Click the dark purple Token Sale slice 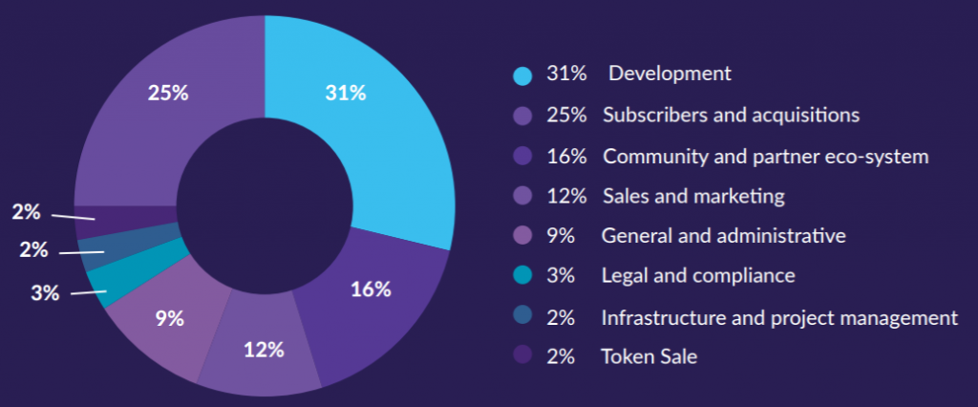tap(124, 221)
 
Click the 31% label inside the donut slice tap(345, 93)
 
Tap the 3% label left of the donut tap(45, 293)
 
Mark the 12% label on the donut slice tap(264, 349)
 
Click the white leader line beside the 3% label tap(88, 292)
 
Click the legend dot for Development tap(521, 75)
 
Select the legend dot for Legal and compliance tap(521, 276)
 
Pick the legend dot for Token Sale tap(521, 357)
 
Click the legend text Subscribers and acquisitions tap(731, 115)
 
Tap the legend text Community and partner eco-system tap(765, 156)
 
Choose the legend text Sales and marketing tap(693, 196)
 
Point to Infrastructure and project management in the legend tap(778, 317)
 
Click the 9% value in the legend tap(560, 236)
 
